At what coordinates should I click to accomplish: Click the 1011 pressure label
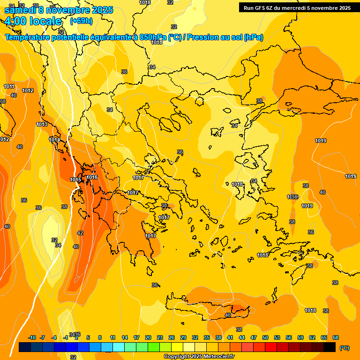click(9, 86)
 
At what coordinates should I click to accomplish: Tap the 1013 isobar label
click(42, 124)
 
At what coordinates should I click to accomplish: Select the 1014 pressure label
click(54, 140)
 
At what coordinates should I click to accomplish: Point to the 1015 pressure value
click(75, 180)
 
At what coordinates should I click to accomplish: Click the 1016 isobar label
click(92, 177)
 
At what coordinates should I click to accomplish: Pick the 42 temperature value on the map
click(80, 233)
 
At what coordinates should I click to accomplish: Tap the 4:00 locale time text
click(33, 21)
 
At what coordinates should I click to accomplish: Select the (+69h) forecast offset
click(81, 21)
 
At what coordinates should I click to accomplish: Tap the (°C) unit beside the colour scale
click(344, 348)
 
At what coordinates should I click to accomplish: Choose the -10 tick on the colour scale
click(32, 337)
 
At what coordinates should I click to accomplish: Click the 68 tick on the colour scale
click(336, 337)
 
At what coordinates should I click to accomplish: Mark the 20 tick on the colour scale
click(148, 337)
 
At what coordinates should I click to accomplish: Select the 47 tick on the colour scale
click(254, 337)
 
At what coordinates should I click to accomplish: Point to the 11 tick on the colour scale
click(112, 337)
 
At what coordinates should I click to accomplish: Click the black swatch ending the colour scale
click(330, 347)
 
